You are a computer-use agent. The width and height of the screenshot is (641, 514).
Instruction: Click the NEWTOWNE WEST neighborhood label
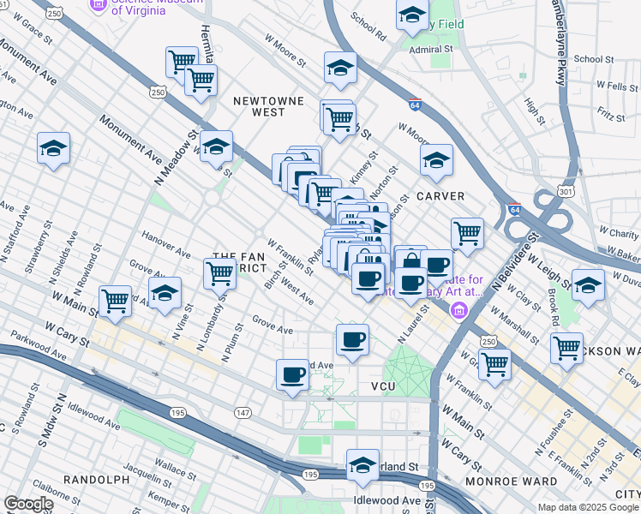click(270, 105)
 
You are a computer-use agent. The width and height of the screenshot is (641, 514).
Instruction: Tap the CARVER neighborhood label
click(440, 196)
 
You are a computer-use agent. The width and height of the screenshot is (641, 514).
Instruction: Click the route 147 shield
click(243, 413)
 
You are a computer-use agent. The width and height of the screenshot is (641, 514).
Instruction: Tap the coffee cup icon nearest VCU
click(352, 339)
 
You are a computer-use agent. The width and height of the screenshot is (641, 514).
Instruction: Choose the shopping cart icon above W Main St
click(115, 300)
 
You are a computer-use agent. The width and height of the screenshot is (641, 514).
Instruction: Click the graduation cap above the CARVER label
click(436, 159)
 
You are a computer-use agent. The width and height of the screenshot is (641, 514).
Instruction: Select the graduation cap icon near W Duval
click(588, 285)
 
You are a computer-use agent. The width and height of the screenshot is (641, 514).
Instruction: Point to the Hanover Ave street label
click(165, 242)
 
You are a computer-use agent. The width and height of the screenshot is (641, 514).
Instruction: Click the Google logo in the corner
click(29, 504)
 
